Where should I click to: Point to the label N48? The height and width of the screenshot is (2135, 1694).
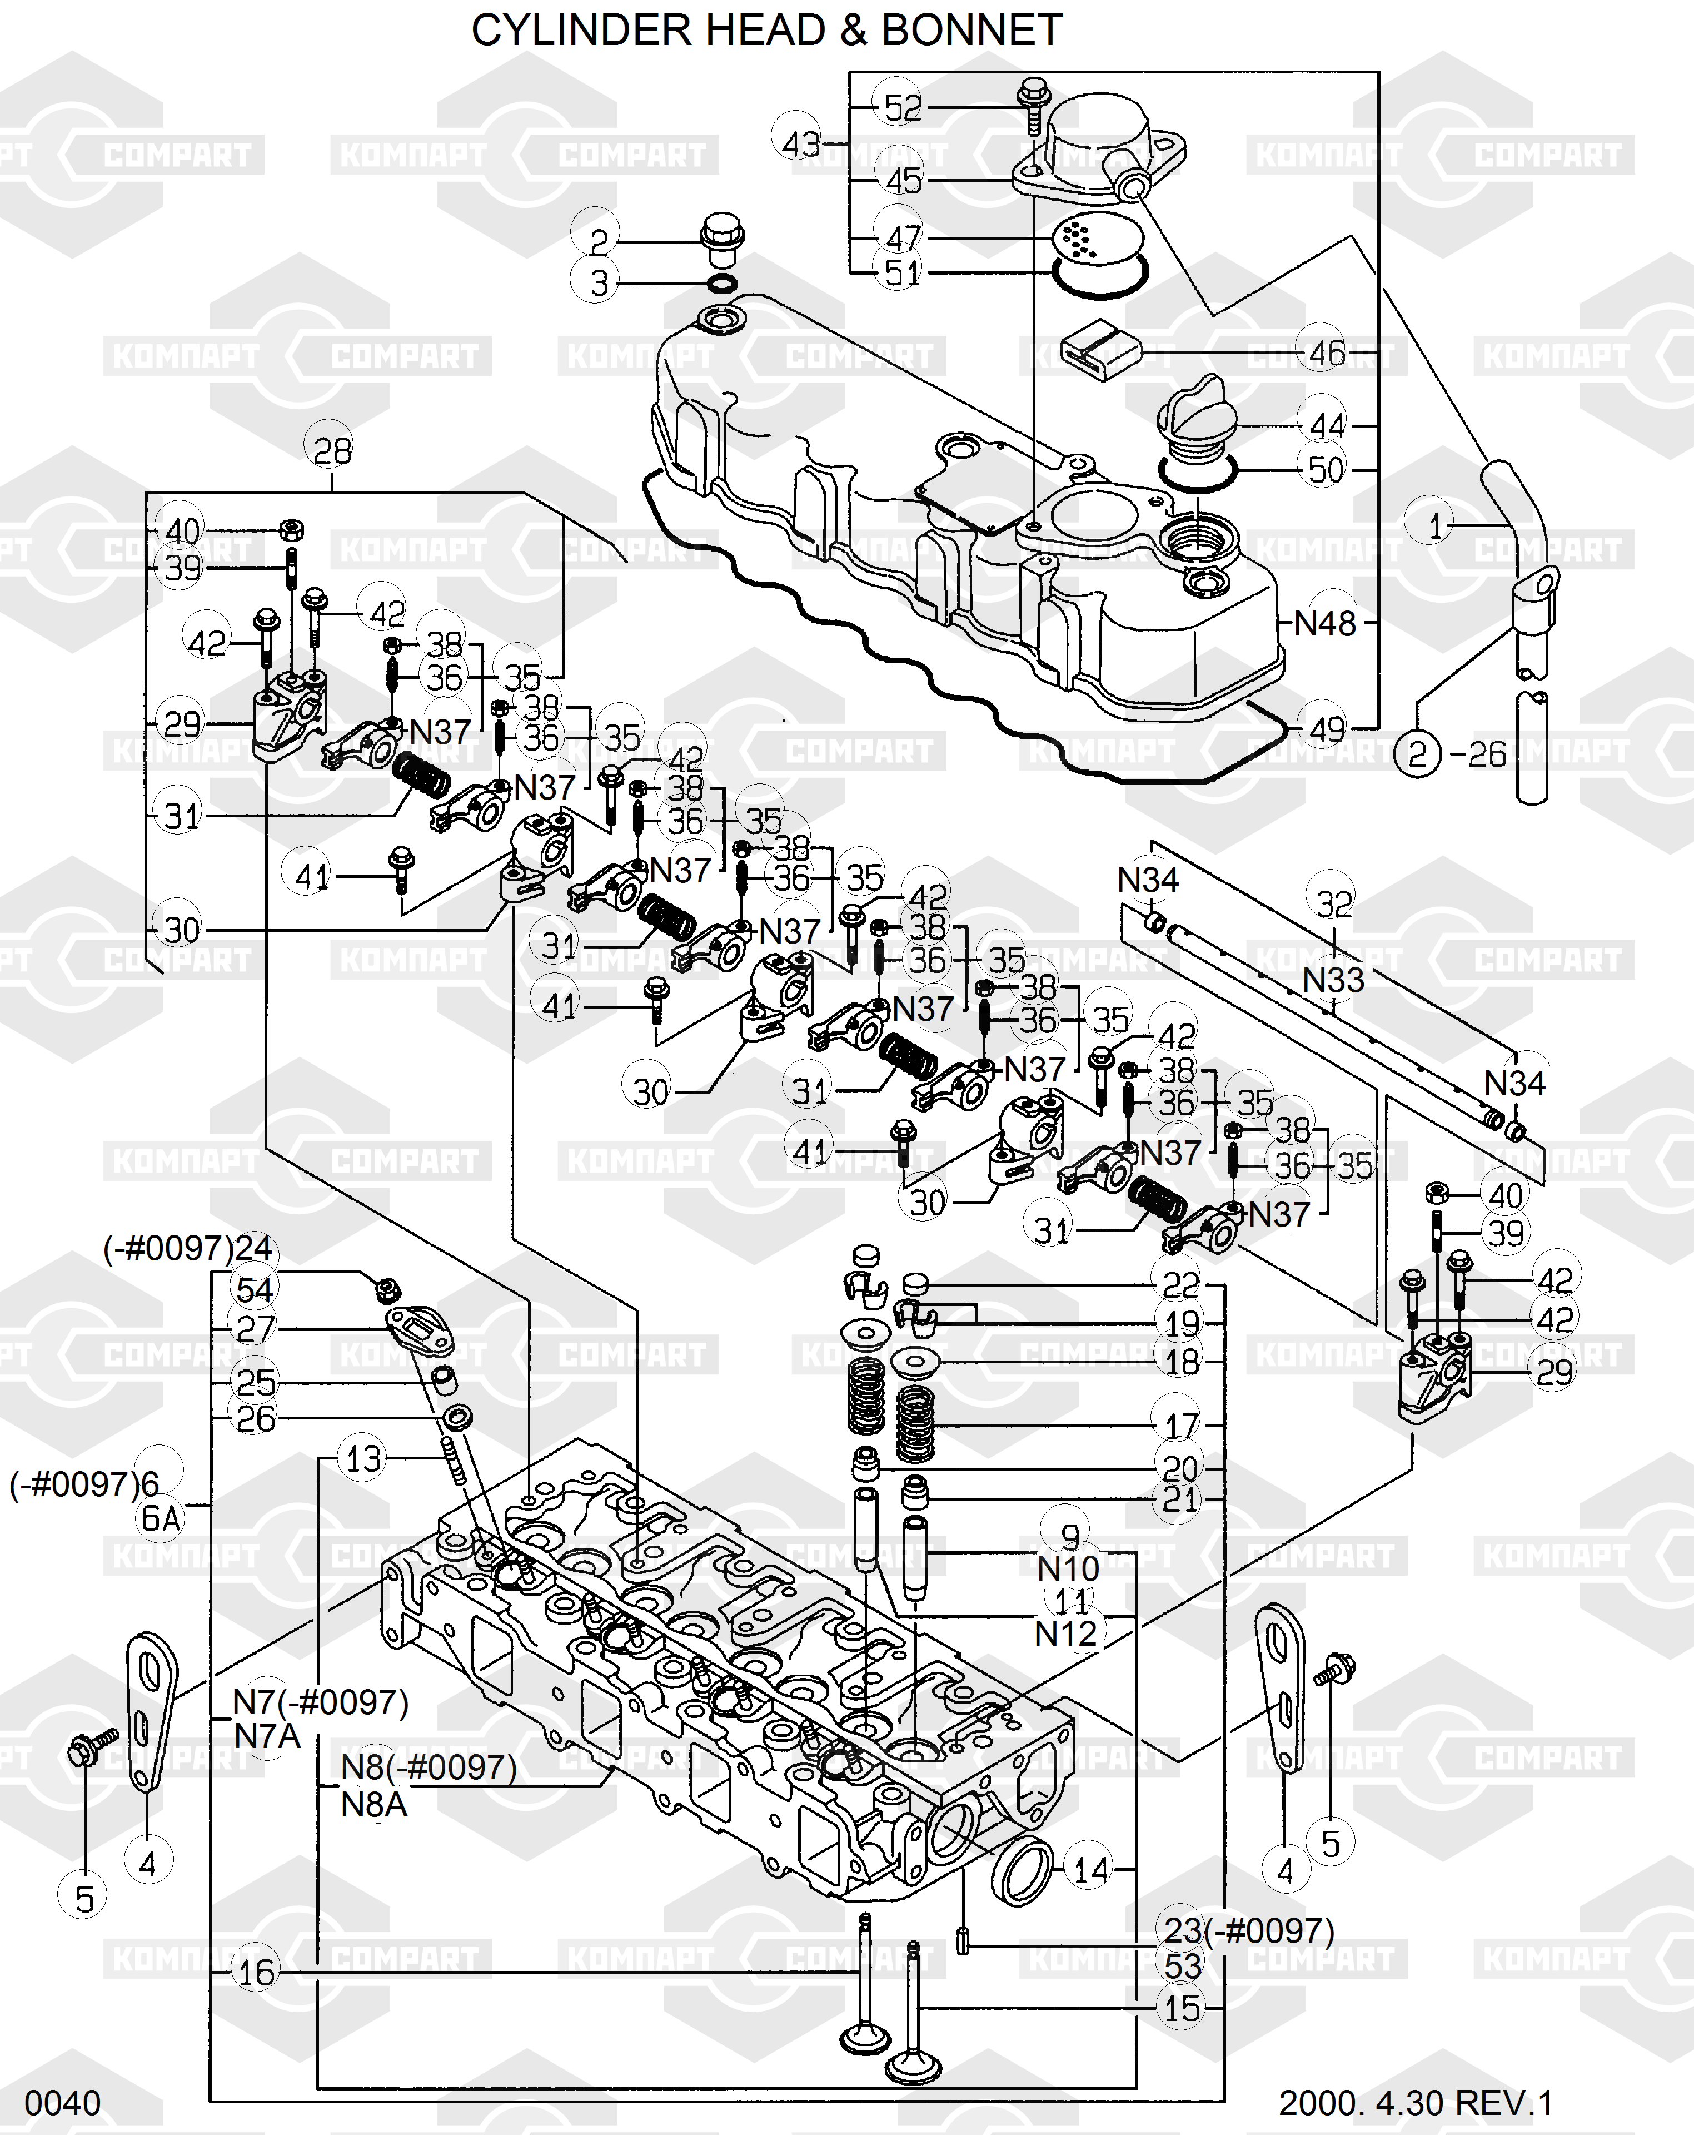click(1325, 624)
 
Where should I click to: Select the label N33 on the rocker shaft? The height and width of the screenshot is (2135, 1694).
click(1333, 980)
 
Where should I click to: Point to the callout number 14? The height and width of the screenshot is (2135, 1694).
click(1091, 1870)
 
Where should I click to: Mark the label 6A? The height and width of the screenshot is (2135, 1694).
click(161, 1518)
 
